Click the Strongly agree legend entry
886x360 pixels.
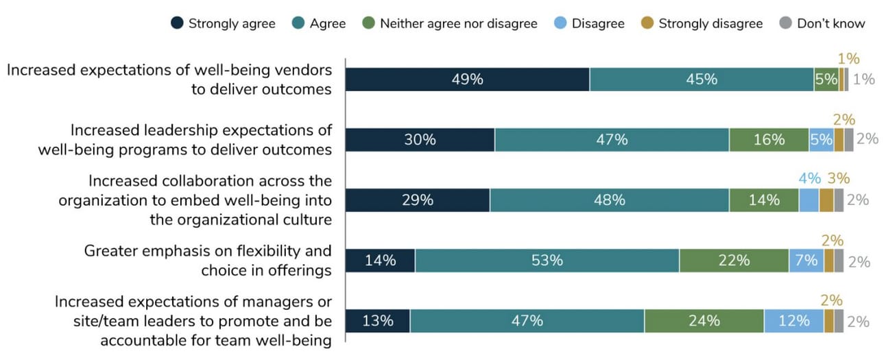point(224,23)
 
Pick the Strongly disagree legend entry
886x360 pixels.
point(702,23)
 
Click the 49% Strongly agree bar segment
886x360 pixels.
point(467,79)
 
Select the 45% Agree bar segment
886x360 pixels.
point(702,79)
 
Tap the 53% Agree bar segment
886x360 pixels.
point(547,261)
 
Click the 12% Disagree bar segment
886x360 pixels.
point(793,320)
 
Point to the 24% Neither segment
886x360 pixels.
point(704,320)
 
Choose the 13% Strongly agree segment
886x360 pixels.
point(377,320)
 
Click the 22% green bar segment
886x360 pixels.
point(734,261)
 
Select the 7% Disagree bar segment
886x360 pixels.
point(806,261)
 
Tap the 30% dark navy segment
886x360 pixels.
point(420,139)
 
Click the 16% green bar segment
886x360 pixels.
point(769,139)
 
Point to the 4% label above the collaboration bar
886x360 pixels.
point(809,178)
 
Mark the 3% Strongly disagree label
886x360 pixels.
point(838,178)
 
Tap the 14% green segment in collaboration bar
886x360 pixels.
point(764,200)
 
